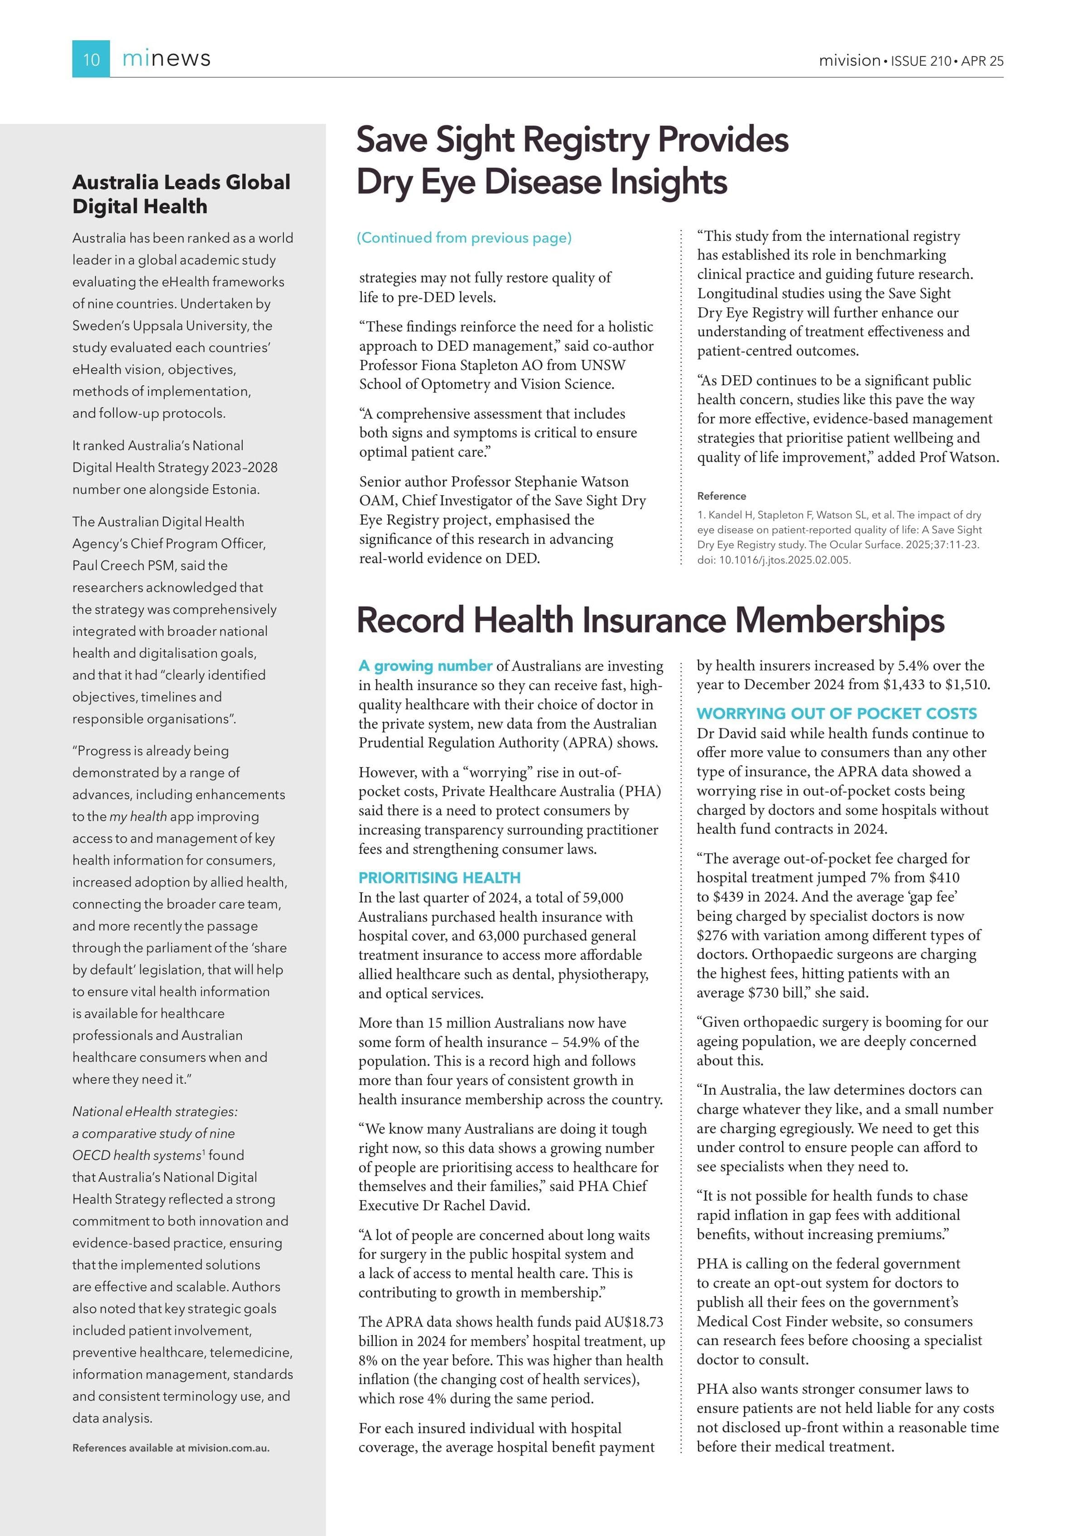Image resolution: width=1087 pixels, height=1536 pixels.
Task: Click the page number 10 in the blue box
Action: pos(91,60)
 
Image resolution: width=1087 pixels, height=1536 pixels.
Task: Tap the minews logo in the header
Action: pos(166,59)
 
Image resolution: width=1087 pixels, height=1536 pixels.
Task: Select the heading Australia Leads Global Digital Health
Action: pos(181,194)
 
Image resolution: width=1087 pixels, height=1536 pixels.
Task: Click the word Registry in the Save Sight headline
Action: pos(586,140)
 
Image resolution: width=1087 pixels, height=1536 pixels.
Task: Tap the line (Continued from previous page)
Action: pos(464,238)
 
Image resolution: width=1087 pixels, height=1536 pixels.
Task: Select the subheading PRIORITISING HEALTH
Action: pos(439,878)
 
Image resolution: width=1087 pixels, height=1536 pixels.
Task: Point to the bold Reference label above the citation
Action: pos(721,496)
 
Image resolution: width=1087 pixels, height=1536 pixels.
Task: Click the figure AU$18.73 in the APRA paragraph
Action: pos(633,1322)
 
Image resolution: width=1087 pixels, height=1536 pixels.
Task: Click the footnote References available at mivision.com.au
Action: pos(171,1448)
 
